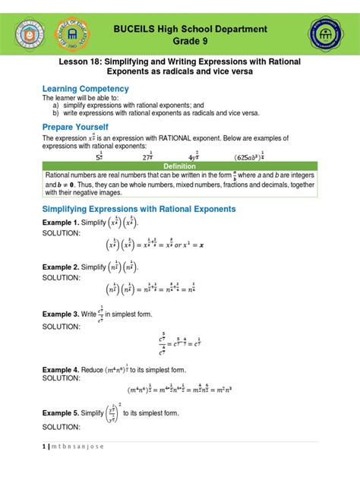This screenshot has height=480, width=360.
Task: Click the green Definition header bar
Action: pos(180,166)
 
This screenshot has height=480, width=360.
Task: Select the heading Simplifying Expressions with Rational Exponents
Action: pos(139,209)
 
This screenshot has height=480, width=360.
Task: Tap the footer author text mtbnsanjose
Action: pos(77,446)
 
